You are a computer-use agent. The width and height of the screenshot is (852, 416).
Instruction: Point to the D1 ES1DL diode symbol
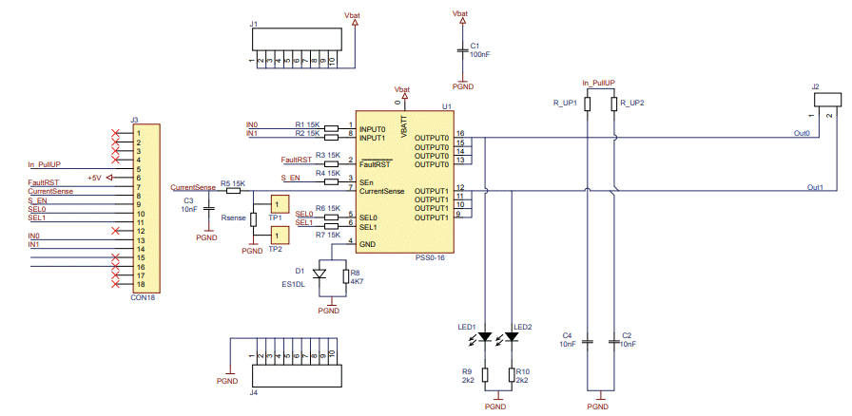pos(319,274)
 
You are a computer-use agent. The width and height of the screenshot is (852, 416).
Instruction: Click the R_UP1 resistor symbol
pos(588,103)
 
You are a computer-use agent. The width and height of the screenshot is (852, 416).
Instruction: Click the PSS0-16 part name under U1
pos(431,258)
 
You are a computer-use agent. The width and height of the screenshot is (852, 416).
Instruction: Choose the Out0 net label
pos(802,134)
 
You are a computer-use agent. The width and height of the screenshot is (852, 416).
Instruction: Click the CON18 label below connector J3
pos(145,296)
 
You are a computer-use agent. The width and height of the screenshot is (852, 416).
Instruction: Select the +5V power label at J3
pos(94,178)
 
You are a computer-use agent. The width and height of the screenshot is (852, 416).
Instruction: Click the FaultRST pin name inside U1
pos(377,163)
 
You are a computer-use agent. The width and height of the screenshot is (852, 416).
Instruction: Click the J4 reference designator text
pos(254,391)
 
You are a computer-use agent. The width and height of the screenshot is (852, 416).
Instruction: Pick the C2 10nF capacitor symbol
pos(614,340)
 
